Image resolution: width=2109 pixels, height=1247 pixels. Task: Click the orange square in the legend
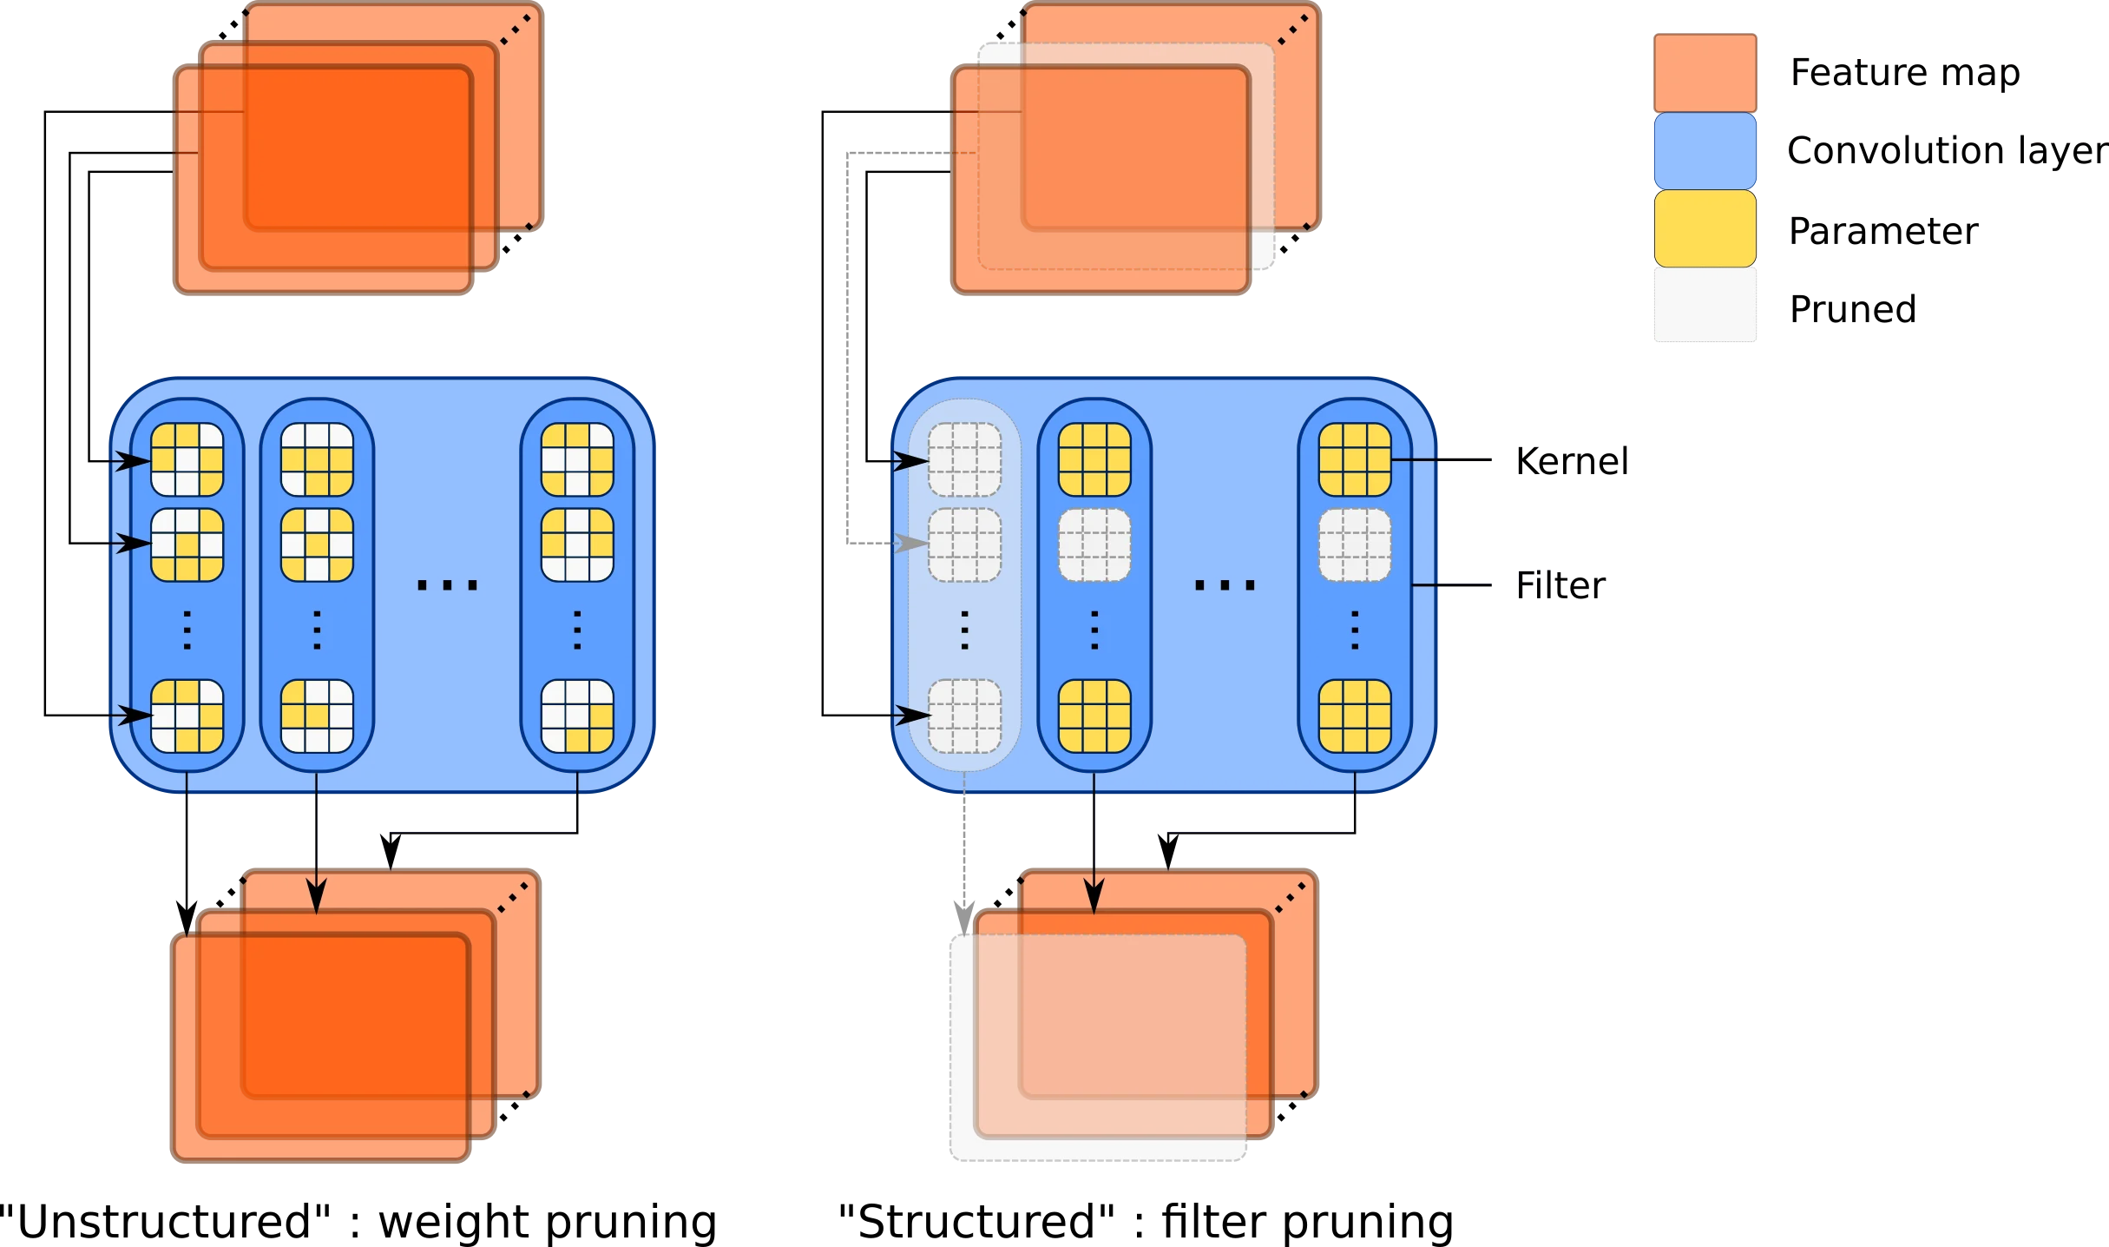1705,73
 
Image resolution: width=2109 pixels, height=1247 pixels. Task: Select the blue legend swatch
1705,150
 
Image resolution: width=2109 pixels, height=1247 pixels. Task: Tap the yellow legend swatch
1705,228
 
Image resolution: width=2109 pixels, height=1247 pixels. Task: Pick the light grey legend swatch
1705,306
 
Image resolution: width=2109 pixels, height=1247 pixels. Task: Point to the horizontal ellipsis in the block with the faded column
1225,585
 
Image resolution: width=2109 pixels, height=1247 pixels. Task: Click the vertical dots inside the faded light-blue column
964,630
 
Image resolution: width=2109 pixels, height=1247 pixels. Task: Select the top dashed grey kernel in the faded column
964,459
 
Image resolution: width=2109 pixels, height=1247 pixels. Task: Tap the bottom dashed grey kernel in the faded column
964,716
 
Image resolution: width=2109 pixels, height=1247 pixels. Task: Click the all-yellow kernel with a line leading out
1354,459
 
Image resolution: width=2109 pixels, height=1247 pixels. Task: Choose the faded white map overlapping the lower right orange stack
1099,1046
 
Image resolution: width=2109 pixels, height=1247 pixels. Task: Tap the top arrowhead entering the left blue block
135,460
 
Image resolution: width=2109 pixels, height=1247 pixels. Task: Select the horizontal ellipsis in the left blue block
447,585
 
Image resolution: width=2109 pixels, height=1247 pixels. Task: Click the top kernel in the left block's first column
187,459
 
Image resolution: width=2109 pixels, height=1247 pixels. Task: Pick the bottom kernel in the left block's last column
577,716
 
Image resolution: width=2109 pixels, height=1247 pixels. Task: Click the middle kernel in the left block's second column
317,544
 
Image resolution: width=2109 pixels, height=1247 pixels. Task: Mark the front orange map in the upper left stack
323,179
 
